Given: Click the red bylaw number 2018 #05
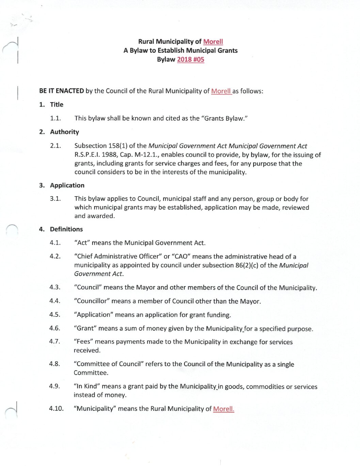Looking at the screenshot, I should [x=190, y=59].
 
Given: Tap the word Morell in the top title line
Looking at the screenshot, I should [x=213, y=42].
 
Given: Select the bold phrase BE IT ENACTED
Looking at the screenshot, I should [x=61, y=91].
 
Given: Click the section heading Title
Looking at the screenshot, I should [x=57, y=105].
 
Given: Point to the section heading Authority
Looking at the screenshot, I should [x=64, y=132].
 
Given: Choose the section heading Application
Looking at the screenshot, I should [x=67, y=185].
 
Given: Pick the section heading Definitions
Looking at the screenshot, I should [x=66, y=229].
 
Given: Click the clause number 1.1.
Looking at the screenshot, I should [x=55, y=118].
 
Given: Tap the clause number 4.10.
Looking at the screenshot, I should [x=56, y=408].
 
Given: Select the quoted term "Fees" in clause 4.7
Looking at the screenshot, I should [x=83, y=342].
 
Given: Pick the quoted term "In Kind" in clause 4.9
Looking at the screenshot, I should [x=87, y=386].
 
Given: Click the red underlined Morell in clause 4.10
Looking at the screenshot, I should [x=223, y=409].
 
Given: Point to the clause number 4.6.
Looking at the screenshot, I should [x=54, y=328].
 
